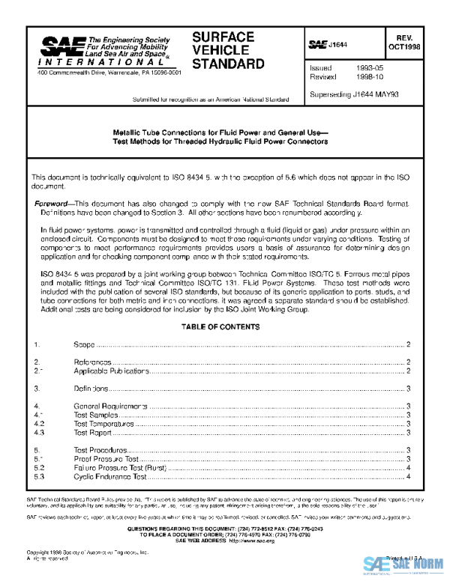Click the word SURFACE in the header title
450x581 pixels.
coord(223,37)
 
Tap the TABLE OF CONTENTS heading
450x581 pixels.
coord(225,327)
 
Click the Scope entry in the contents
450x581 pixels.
coord(84,344)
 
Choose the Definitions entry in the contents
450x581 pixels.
coord(91,389)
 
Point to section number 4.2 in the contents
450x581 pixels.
coord(40,424)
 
